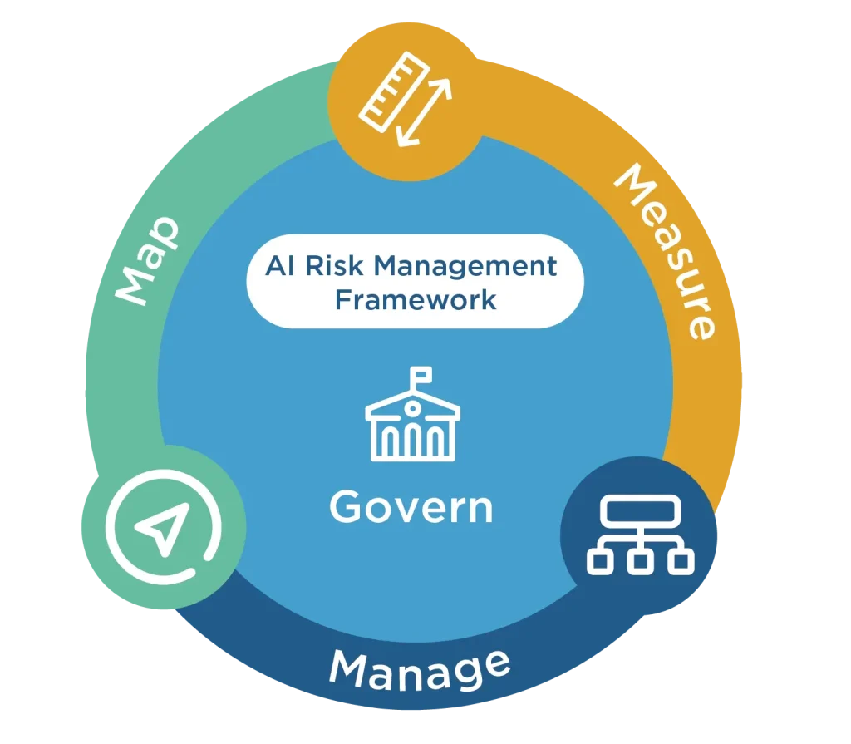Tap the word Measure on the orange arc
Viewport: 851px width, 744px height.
(667, 250)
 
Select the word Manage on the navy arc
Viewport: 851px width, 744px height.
(420, 670)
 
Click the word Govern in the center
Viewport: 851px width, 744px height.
(411, 507)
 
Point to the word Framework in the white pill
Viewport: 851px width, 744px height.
(416, 300)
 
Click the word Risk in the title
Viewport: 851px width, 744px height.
(334, 265)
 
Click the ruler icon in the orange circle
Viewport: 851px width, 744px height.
(395, 92)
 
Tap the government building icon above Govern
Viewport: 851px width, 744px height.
(412, 414)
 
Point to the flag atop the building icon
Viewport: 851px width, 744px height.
(421, 374)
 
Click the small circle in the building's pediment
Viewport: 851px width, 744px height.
(412, 408)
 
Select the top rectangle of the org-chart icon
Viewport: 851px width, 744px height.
(641, 511)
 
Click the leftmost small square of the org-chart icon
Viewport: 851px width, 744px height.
(600, 561)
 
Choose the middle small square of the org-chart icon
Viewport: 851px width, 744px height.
(641, 561)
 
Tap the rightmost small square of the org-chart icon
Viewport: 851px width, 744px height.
(681, 561)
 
